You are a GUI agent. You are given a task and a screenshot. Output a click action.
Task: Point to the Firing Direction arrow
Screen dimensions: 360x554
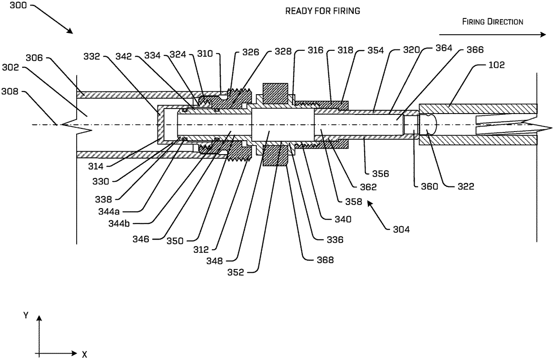(x=492, y=34)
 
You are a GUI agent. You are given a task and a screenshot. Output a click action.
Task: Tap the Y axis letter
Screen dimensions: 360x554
(x=27, y=316)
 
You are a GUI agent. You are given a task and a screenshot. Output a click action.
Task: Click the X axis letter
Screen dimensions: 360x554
(x=84, y=354)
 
